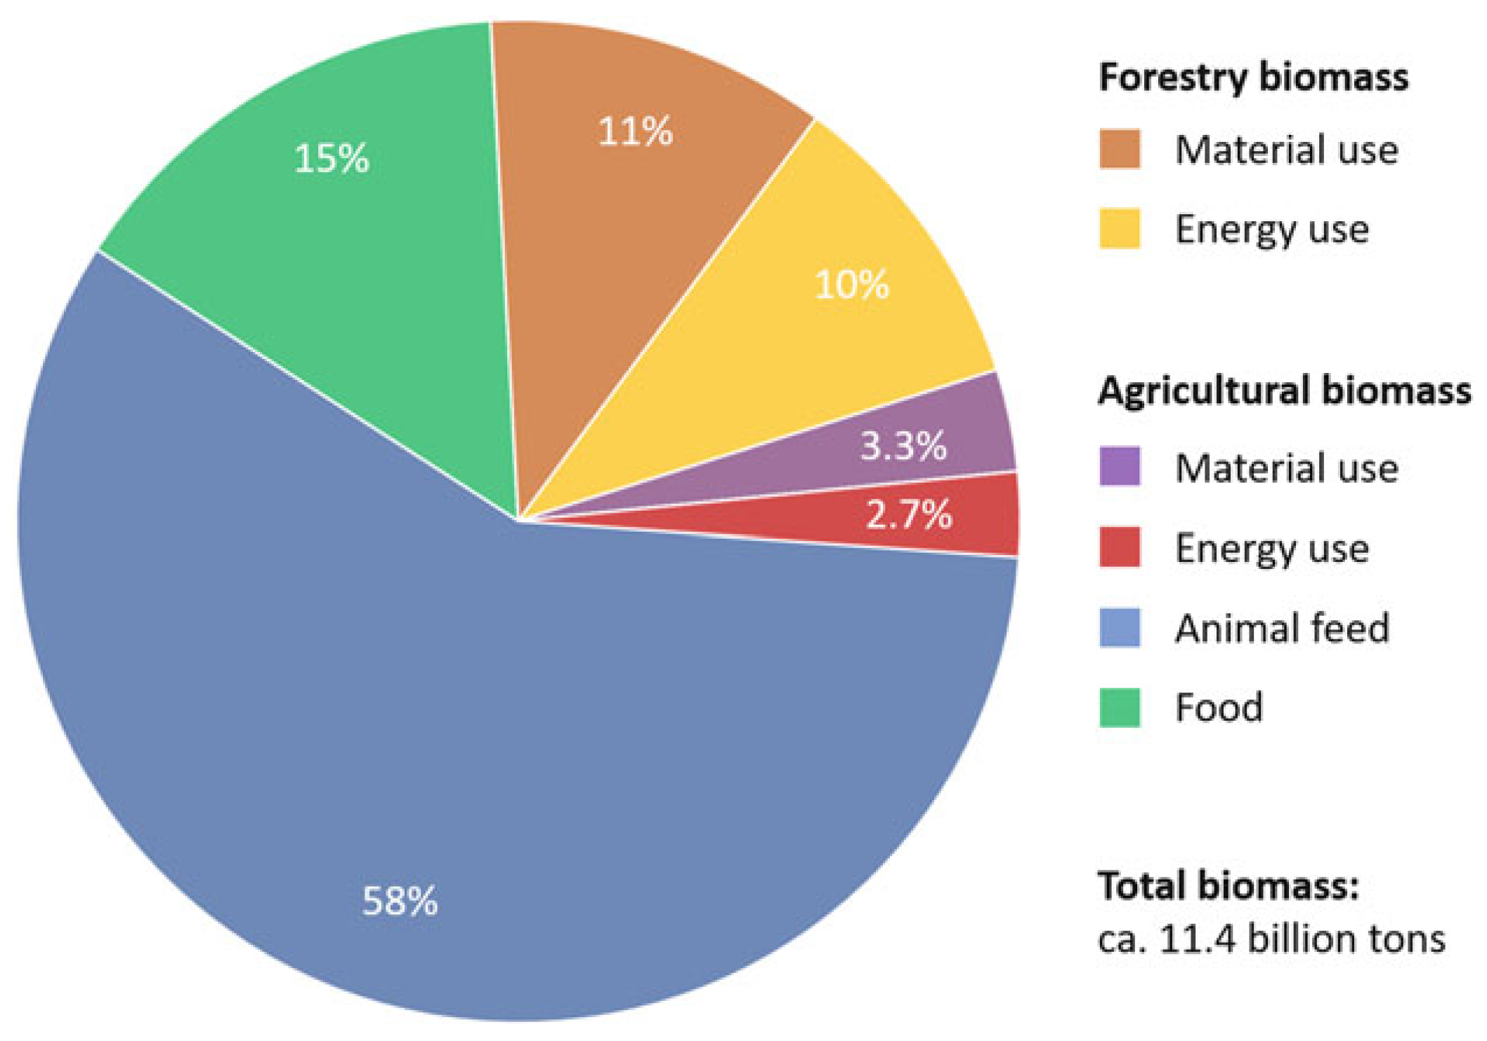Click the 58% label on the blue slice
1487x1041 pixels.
(400, 901)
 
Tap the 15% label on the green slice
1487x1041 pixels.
(331, 158)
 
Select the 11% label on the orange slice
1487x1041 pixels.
(635, 131)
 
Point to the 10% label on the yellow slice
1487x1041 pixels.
(851, 284)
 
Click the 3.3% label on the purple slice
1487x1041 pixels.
(903, 445)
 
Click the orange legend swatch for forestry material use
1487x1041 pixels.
(1119, 149)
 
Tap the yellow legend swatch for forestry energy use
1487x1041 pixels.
(1119, 228)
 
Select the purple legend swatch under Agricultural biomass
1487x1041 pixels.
(1119, 466)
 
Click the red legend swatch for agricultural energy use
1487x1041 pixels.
(1119, 546)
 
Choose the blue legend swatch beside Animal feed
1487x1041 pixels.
(1119, 627)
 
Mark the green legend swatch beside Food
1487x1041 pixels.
(1119, 707)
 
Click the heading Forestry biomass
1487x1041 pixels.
(1253, 77)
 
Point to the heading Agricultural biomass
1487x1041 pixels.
(1284, 391)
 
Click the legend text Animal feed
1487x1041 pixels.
(1282, 627)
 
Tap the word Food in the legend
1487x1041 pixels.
(1219, 707)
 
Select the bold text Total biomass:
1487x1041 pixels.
(1229, 885)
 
